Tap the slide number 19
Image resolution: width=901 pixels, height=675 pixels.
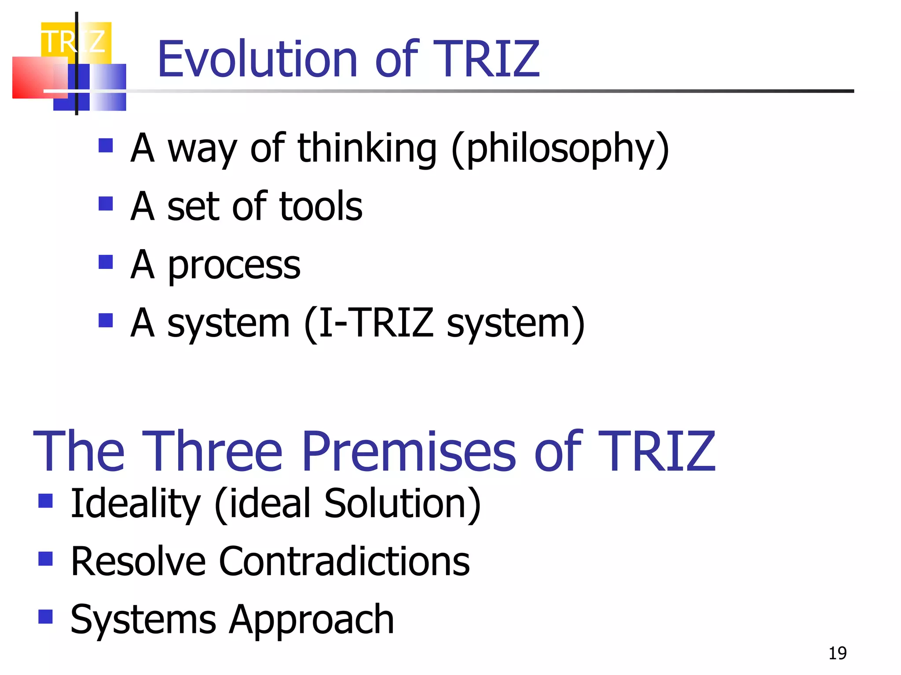click(837, 653)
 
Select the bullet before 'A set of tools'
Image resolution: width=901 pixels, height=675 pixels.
click(106, 203)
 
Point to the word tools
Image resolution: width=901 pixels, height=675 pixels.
click(321, 207)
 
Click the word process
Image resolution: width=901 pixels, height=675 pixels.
click(234, 266)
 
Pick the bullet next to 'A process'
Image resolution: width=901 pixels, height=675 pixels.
click(106, 262)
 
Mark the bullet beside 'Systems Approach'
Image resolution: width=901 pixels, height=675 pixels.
click(45, 617)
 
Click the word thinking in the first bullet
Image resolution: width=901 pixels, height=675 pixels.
click(367, 149)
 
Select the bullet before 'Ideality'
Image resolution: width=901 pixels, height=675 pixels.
click(45, 501)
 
